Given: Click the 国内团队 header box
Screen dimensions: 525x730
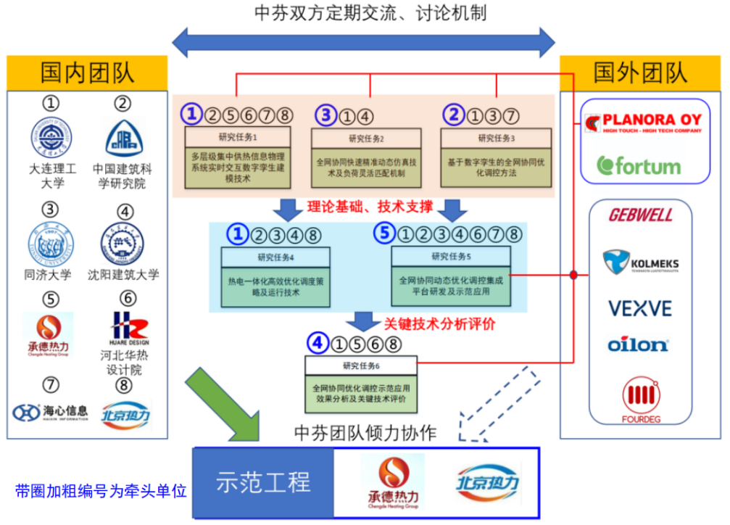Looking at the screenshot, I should pyautogui.click(x=87, y=73).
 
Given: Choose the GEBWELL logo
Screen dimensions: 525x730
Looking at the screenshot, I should pyautogui.click(x=640, y=215).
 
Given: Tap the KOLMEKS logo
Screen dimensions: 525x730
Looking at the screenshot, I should pyautogui.click(x=640, y=262).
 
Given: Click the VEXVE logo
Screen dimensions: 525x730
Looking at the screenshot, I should pyautogui.click(x=639, y=308).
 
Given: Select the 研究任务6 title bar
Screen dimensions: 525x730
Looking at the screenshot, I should pyautogui.click(x=360, y=365).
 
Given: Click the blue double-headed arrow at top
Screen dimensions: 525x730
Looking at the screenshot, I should pyautogui.click(x=362, y=41).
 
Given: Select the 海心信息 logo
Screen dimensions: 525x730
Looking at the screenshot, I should pyautogui.click(x=50, y=412).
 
